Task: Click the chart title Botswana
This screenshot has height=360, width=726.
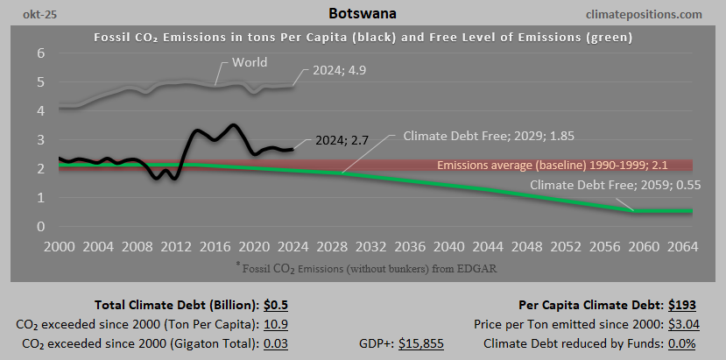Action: click(363, 14)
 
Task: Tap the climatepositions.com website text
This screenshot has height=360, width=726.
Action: click(647, 14)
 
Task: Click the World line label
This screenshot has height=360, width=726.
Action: click(250, 63)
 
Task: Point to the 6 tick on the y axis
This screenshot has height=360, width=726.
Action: click(40, 53)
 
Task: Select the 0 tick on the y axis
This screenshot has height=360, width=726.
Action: click(40, 227)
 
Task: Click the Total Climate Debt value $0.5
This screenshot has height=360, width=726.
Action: click(277, 306)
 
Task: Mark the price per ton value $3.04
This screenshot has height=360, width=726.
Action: click(680, 324)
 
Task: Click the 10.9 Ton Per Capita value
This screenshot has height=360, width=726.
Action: click(276, 324)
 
